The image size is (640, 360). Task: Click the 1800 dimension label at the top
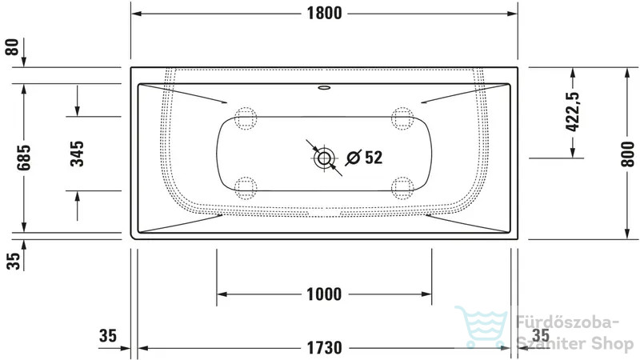click(x=324, y=13)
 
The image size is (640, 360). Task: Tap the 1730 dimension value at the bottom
click(x=324, y=348)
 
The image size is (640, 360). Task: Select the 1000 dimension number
click(x=324, y=294)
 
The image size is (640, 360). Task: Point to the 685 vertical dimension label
click(x=24, y=158)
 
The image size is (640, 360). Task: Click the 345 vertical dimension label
click(x=77, y=154)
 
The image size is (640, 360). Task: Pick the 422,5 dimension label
click(x=573, y=111)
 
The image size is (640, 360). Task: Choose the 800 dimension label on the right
click(x=628, y=154)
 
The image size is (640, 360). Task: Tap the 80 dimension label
click(x=12, y=47)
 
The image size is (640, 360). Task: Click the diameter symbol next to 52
click(x=354, y=158)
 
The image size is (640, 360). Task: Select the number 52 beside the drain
click(x=374, y=157)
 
